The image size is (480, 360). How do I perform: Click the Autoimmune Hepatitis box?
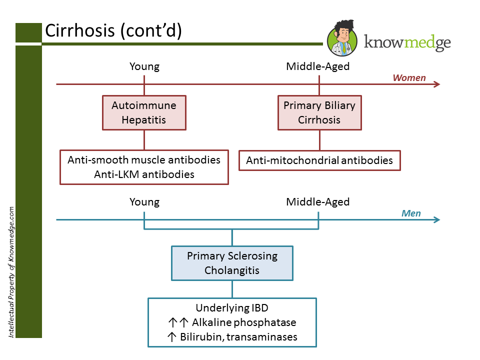(144, 112)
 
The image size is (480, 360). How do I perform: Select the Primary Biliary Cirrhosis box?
(319, 112)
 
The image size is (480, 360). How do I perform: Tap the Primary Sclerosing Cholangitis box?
(232, 263)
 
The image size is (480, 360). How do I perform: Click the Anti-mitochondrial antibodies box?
(319, 160)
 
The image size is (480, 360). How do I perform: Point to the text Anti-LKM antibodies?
(144, 174)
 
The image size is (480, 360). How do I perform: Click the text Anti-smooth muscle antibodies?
(144, 160)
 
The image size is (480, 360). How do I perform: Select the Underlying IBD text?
(232, 308)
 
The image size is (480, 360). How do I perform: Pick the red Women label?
(409, 77)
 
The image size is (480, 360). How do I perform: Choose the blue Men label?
(411, 213)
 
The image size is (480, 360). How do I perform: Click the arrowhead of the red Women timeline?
(437, 84)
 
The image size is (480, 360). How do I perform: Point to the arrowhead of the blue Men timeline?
(437, 220)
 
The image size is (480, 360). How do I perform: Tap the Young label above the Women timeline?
(144, 66)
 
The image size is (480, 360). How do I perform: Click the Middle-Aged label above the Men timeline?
(317, 202)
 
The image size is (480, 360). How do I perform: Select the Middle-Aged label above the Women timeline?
(317, 66)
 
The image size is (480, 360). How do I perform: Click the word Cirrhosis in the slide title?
(80, 31)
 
